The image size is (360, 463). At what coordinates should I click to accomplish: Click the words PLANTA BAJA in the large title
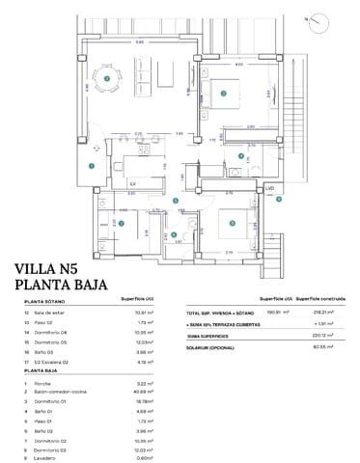pos(68,286)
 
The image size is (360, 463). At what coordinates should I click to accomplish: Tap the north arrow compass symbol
pos(333,17)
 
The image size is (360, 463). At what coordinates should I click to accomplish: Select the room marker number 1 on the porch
pos(91,167)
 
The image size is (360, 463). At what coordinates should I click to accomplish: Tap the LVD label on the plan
pos(271,187)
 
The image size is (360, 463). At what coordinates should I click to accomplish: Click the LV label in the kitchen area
pos(132,181)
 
